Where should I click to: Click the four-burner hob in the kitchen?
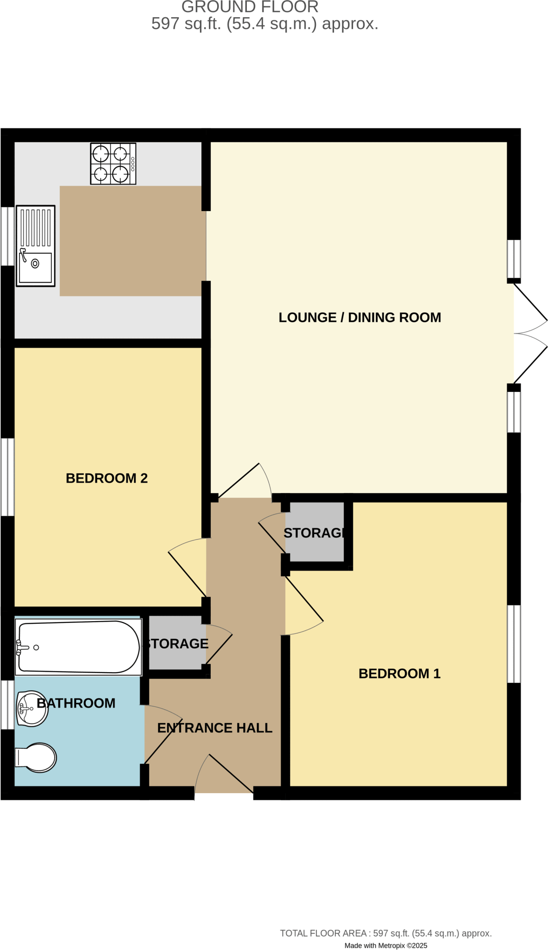click(x=113, y=164)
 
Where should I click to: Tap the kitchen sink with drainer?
click(x=36, y=246)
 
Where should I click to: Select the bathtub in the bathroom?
click(x=78, y=647)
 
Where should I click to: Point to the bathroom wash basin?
click(x=32, y=709)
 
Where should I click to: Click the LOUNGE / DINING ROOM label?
click(x=360, y=318)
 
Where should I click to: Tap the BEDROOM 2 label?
click(x=107, y=478)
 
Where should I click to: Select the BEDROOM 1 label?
click(x=399, y=674)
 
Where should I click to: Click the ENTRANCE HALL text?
click(x=214, y=728)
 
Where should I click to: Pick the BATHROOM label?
click(x=76, y=703)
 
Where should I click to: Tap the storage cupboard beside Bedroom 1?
click(x=315, y=533)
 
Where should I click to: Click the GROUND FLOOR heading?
click(x=250, y=7)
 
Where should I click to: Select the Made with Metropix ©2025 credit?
click(x=386, y=945)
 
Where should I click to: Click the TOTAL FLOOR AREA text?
click(x=386, y=933)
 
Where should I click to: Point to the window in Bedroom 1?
click(x=514, y=644)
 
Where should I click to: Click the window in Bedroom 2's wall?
click(x=7, y=477)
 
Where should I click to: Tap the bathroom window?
click(x=7, y=705)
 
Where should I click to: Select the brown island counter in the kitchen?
click(x=131, y=241)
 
